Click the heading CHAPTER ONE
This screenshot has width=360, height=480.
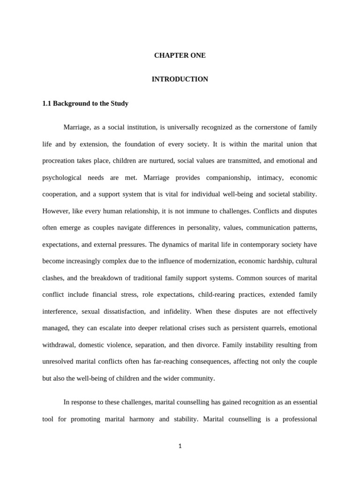click(x=180, y=55)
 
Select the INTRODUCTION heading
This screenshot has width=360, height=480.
click(x=180, y=79)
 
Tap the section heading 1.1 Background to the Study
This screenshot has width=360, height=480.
click(x=85, y=103)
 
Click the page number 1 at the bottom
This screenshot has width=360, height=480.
click(x=180, y=446)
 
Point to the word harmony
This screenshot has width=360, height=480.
click(x=141, y=419)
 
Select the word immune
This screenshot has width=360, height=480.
click(x=179, y=211)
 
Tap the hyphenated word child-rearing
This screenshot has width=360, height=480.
click(x=219, y=294)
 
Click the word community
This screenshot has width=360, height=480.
click(x=198, y=378)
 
